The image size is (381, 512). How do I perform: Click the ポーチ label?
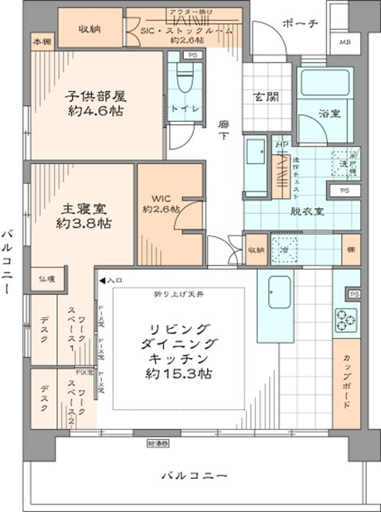tap(299, 23)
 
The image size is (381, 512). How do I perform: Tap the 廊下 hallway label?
tap(223, 132)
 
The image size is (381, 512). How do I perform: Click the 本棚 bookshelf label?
tap(41, 41)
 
